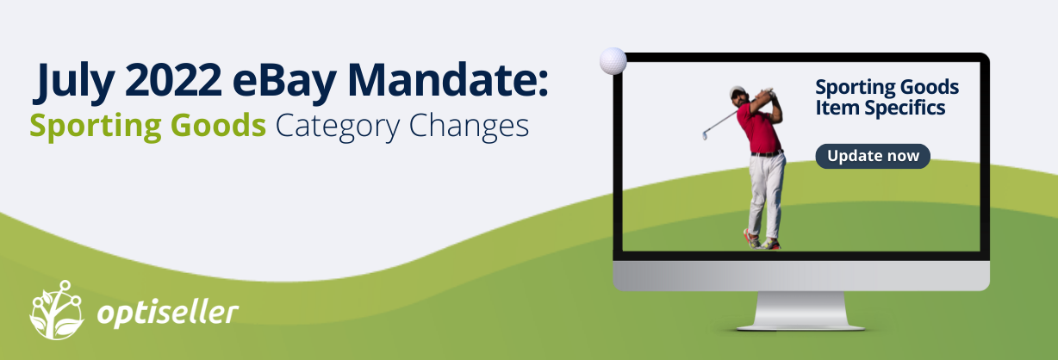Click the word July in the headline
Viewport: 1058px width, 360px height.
[x=74, y=80]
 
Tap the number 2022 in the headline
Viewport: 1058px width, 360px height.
[x=173, y=79]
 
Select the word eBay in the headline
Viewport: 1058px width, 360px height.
[x=284, y=80]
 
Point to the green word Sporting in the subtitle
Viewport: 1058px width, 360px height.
[x=96, y=127]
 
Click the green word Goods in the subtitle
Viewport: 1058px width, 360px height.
[x=218, y=125]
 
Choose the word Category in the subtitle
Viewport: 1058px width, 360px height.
[x=337, y=127]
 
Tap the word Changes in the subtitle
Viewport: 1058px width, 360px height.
[x=469, y=127]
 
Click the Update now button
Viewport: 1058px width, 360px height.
[x=873, y=156]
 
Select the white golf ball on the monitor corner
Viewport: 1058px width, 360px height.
[x=613, y=61]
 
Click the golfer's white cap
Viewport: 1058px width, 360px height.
[x=737, y=91]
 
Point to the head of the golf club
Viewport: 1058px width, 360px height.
[x=705, y=135]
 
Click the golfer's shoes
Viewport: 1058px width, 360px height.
[x=762, y=240]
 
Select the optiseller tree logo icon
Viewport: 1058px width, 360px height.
[x=57, y=310]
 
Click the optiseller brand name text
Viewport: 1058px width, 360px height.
[x=168, y=313]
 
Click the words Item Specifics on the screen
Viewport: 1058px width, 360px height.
[x=880, y=108]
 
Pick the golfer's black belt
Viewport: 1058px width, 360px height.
[x=767, y=153]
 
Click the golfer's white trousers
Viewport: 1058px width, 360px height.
[x=765, y=194]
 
